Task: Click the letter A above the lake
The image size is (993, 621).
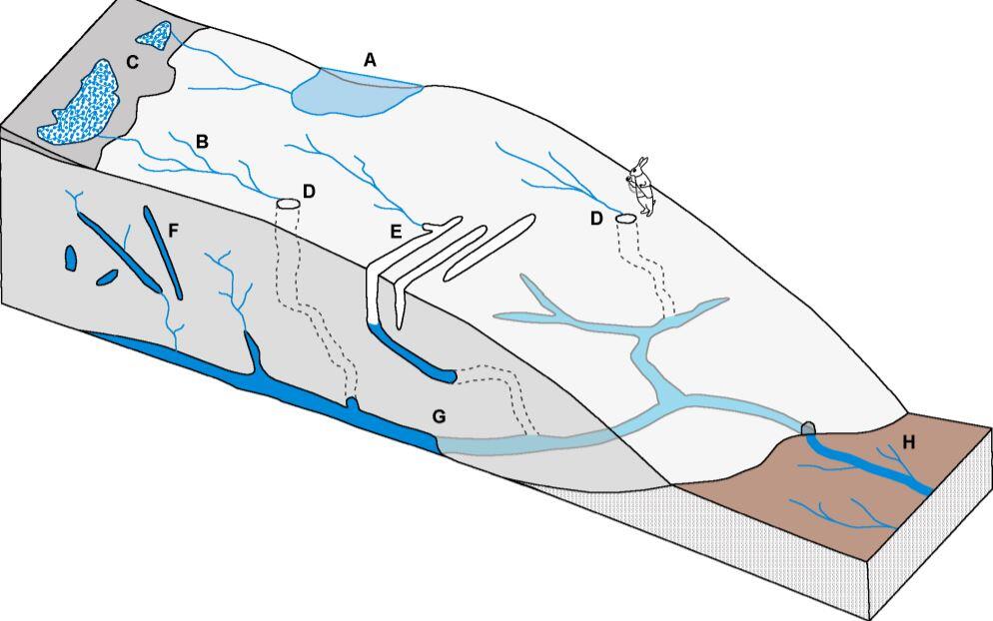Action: (x=370, y=60)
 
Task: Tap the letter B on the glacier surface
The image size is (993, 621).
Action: (x=202, y=141)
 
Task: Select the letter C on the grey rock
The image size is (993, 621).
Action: (x=132, y=62)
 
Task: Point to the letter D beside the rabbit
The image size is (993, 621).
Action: (x=596, y=219)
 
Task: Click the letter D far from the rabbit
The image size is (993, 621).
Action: (x=309, y=191)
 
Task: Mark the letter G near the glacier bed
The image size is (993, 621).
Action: (x=440, y=414)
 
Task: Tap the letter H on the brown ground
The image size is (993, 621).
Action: (x=908, y=442)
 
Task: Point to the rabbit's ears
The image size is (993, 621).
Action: (x=643, y=163)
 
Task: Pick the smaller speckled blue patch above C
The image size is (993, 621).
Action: (x=154, y=37)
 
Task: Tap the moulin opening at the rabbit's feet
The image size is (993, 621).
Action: (x=625, y=218)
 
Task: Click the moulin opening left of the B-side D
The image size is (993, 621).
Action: (x=288, y=204)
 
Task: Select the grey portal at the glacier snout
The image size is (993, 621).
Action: (x=809, y=427)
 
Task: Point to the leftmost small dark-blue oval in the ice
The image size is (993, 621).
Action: (x=70, y=258)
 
